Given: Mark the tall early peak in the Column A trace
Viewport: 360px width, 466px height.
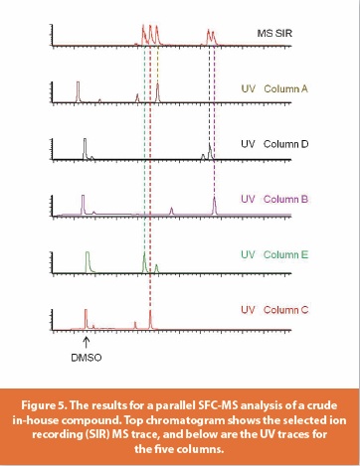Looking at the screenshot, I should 78,91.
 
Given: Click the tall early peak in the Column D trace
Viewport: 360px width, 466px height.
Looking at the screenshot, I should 85,147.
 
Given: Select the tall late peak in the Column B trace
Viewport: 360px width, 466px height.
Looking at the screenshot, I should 215,204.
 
